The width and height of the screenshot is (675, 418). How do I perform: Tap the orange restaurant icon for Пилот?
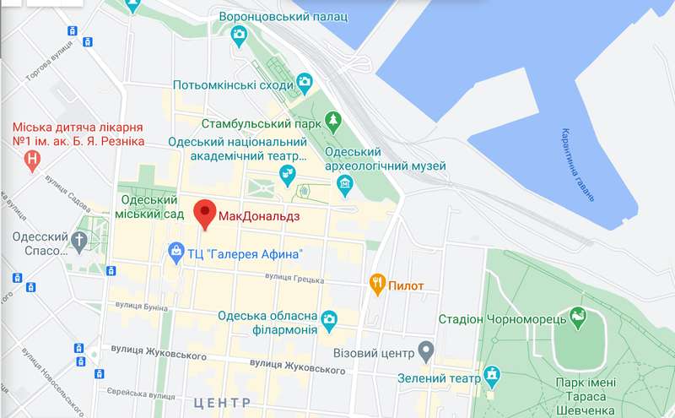click(378, 285)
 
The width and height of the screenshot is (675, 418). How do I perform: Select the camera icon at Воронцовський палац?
click(239, 35)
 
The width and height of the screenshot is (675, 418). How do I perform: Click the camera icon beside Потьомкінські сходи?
click(304, 82)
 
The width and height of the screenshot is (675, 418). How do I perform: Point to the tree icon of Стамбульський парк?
click(333, 121)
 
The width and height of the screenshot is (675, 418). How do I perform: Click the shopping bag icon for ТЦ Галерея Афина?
click(175, 251)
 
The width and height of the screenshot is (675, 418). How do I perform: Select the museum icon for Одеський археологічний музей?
click(344, 183)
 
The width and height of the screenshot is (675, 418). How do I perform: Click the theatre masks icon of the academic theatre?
click(289, 175)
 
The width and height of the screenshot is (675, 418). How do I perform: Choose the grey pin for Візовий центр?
click(427, 349)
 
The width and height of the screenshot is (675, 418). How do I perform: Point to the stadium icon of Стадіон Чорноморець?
click(579, 318)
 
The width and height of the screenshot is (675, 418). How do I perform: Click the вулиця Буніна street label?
click(139, 305)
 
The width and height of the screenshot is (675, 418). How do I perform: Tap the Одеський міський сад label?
click(149, 208)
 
